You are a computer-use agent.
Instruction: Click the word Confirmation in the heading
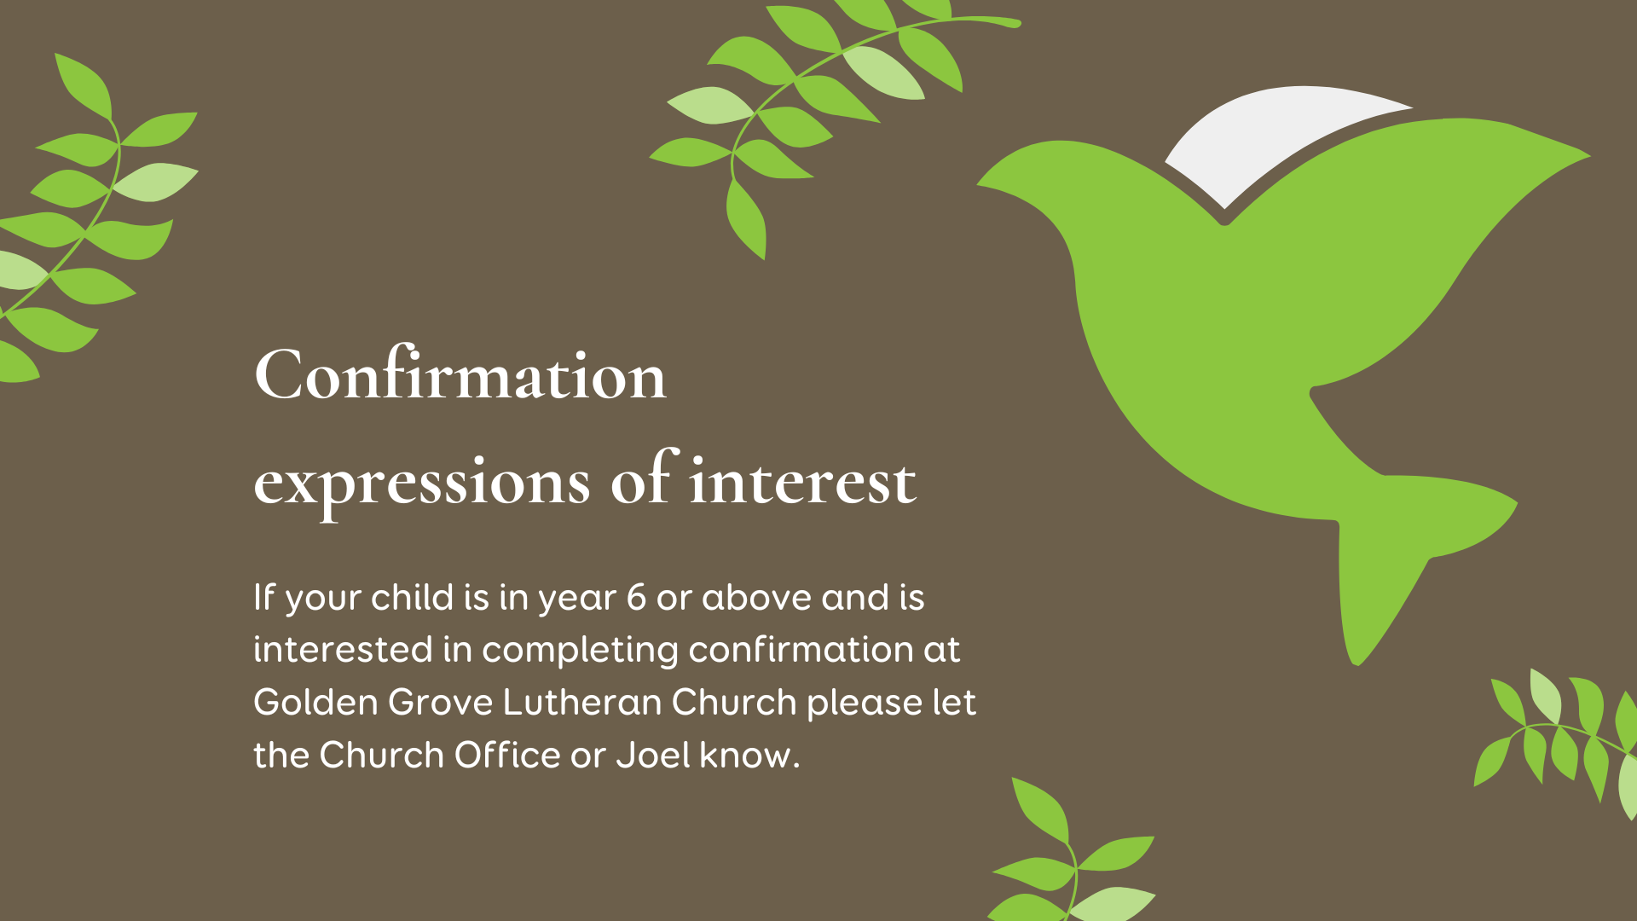click(x=460, y=374)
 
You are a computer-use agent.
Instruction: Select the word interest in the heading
click(x=803, y=480)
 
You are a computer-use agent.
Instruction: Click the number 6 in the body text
click(x=636, y=598)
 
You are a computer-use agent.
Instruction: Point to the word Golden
click(x=315, y=703)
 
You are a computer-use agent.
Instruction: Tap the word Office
click(x=507, y=756)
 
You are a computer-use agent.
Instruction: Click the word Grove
click(x=441, y=703)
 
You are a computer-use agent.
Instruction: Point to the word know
click(x=746, y=756)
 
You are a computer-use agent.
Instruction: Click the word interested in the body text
click(x=344, y=650)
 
